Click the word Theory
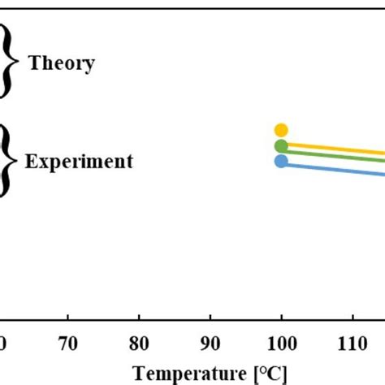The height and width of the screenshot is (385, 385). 62,63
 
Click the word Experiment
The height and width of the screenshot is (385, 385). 79,162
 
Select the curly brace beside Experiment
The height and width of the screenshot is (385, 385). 8,160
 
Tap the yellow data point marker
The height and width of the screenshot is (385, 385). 281,130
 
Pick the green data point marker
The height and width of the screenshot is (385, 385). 281,146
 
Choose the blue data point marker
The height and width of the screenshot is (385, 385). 281,161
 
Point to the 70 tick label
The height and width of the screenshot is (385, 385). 67,344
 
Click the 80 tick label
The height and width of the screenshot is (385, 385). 139,344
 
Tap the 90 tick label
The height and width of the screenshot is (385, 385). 210,344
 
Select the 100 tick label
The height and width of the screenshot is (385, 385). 281,344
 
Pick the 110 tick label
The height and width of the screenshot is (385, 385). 353,344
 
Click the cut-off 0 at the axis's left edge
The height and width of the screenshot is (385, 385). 2,344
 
